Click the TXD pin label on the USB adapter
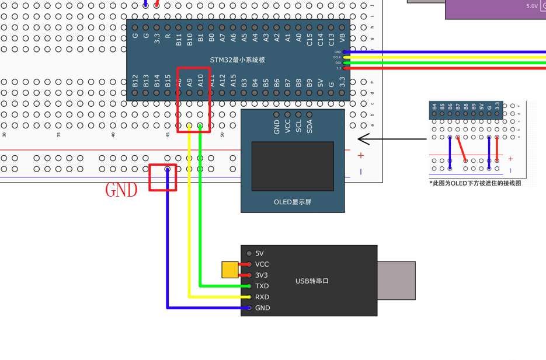tap(262, 286)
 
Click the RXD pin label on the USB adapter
tap(262, 297)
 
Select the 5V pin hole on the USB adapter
tap(249, 253)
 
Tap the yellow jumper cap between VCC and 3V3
tap(230, 270)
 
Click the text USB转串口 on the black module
tap(312, 281)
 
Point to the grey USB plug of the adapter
tap(396, 281)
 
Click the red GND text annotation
tap(121, 190)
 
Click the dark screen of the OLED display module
tap(293, 166)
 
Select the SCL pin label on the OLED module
tap(298, 127)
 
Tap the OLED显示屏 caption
tap(293, 202)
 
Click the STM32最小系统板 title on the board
tap(237, 60)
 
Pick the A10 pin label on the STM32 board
tap(200, 81)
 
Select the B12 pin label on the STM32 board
tap(135, 81)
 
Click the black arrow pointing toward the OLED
tap(391, 139)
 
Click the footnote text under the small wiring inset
tap(475, 183)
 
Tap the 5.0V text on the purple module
tap(531, 6)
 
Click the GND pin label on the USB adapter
tap(262, 308)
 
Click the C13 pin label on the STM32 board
tap(331, 39)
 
